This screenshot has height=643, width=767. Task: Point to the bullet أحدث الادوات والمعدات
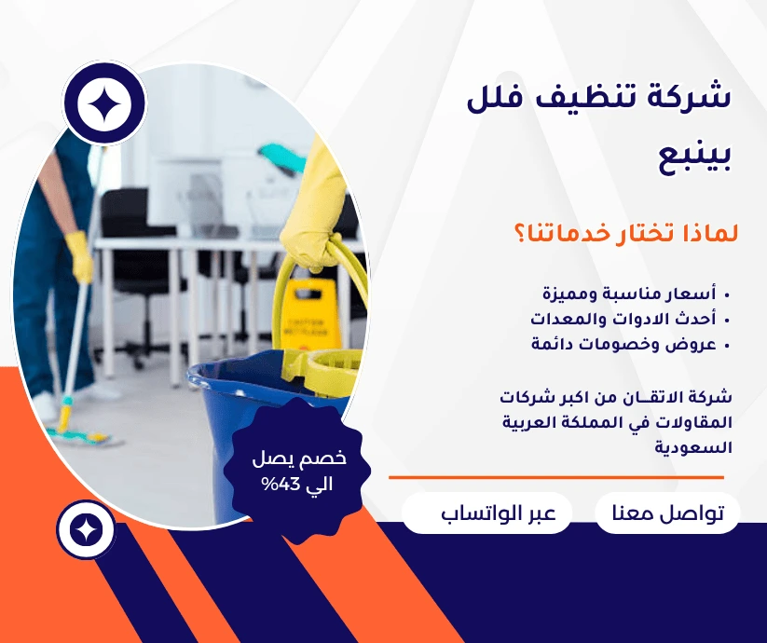623,319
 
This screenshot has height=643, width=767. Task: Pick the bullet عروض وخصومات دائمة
623,344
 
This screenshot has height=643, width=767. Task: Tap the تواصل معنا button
667,513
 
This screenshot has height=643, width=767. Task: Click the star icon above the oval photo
104,103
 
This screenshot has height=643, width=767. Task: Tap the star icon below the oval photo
86,529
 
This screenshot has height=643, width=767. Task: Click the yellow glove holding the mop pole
79,255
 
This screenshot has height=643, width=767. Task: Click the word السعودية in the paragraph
693,447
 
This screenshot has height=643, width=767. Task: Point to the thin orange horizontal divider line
556,477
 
